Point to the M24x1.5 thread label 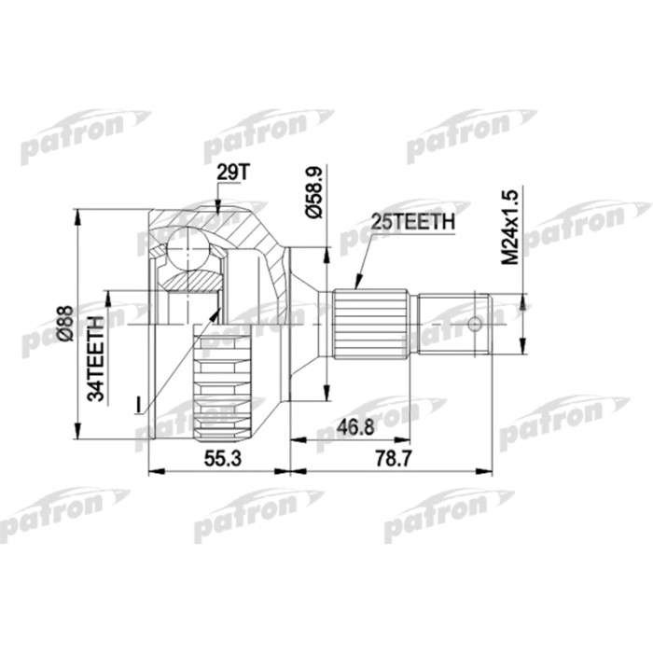click(x=509, y=228)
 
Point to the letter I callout click(x=138, y=404)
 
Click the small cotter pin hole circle click(x=475, y=324)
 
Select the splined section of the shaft click(x=370, y=323)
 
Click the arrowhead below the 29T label click(x=216, y=213)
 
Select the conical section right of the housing click(x=303, y=323)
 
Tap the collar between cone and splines click(x=325, y=323)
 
